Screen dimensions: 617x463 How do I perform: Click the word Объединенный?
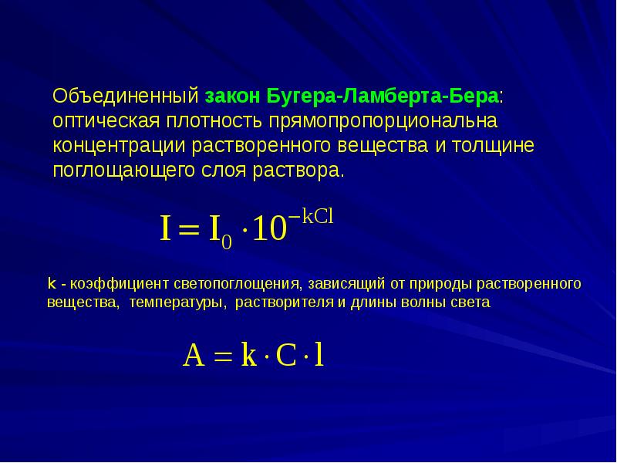pyautogui.click(x=126, y=96)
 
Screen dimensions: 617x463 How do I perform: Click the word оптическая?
pyautogui.click(x=106, y=121)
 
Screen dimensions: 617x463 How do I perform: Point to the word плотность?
pyautogui.click(x=214, y=121)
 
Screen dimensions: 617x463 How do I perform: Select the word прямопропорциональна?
pyautogui.click(x=383, y=122)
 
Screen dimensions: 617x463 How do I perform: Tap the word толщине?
pyautogui.click(x=493, y=146)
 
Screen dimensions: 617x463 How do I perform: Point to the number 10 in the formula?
pyautogui.click(x=269, y=229)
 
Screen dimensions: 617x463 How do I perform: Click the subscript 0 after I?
pyautogui.click(x=227, y=242)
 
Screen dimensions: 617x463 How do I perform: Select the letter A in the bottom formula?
pyautogui.click(x=194, y=355)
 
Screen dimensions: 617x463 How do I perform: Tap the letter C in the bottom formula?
pyautogui.click(x=286, y=356)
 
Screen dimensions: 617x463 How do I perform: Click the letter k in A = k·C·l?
pyautogui.click(x=248, y=354)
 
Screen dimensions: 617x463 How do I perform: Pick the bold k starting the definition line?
pyautogui.click(x=52, y=283)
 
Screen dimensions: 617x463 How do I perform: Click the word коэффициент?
pyautogui.click(x=120, y=284)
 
